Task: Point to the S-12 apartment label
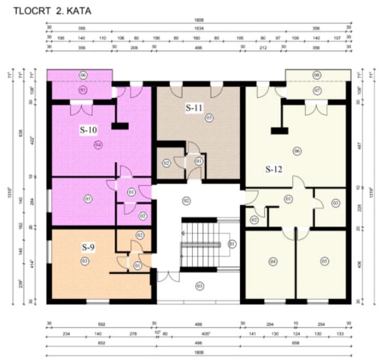(x=274, y=169)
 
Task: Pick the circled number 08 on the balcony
(x=317, y=75)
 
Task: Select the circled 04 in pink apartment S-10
(x=98, y=145)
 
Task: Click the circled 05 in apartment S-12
(x=325, y=261)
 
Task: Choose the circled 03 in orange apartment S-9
(x=84, y=260)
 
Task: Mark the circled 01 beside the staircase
(x=232, y=243)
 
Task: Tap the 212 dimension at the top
(x=262, y=46)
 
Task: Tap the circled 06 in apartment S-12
(x=297, y=151)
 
